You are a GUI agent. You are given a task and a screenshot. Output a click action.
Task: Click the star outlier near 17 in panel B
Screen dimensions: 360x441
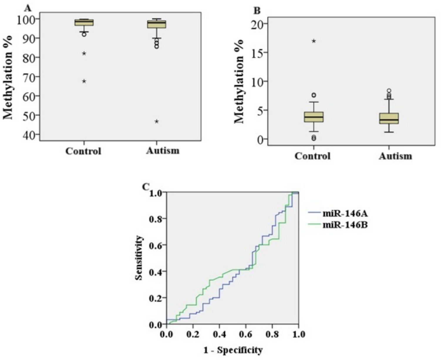314,41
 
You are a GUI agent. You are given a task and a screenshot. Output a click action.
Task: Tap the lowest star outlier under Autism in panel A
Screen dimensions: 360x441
156,121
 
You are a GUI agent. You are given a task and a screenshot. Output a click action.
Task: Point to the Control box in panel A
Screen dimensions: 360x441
84,23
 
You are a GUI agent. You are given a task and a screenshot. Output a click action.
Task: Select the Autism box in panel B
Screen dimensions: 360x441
389,118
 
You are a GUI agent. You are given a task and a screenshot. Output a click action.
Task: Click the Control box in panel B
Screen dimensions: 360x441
314,117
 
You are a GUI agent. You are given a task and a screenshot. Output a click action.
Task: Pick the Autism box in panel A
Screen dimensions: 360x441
156,24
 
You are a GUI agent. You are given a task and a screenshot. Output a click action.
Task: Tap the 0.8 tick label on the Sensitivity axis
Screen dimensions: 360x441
156,219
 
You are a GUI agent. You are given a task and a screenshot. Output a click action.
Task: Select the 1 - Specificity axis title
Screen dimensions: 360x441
233,350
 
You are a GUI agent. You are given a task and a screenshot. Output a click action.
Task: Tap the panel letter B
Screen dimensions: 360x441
257,11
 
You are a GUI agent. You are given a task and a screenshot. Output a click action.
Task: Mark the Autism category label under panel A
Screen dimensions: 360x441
162,151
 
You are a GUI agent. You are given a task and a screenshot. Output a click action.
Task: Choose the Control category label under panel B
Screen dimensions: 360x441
312,156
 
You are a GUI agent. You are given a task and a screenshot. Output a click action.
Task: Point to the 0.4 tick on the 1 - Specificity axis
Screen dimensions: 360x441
219,334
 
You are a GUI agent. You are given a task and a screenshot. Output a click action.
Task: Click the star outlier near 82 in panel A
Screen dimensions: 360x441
84,53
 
